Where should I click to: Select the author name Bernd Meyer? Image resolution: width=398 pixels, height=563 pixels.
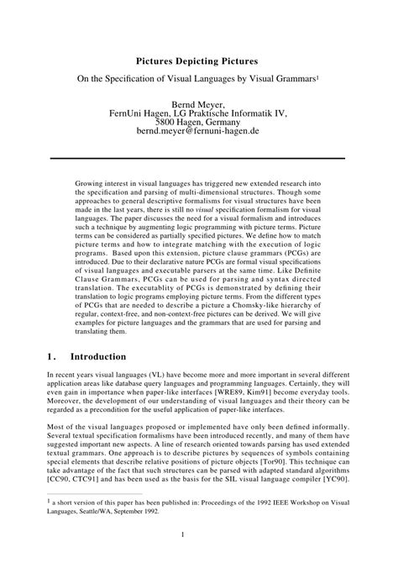tap(198, 103)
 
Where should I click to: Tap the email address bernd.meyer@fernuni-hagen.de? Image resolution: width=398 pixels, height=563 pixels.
tap(198, 133)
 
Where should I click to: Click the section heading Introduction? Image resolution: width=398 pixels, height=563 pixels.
tap(98, 356)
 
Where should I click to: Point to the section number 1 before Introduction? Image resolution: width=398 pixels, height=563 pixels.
tap(51, 356)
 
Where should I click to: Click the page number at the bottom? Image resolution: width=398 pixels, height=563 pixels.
tap(199, 534)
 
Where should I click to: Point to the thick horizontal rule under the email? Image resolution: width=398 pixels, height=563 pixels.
tap(198, 157)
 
